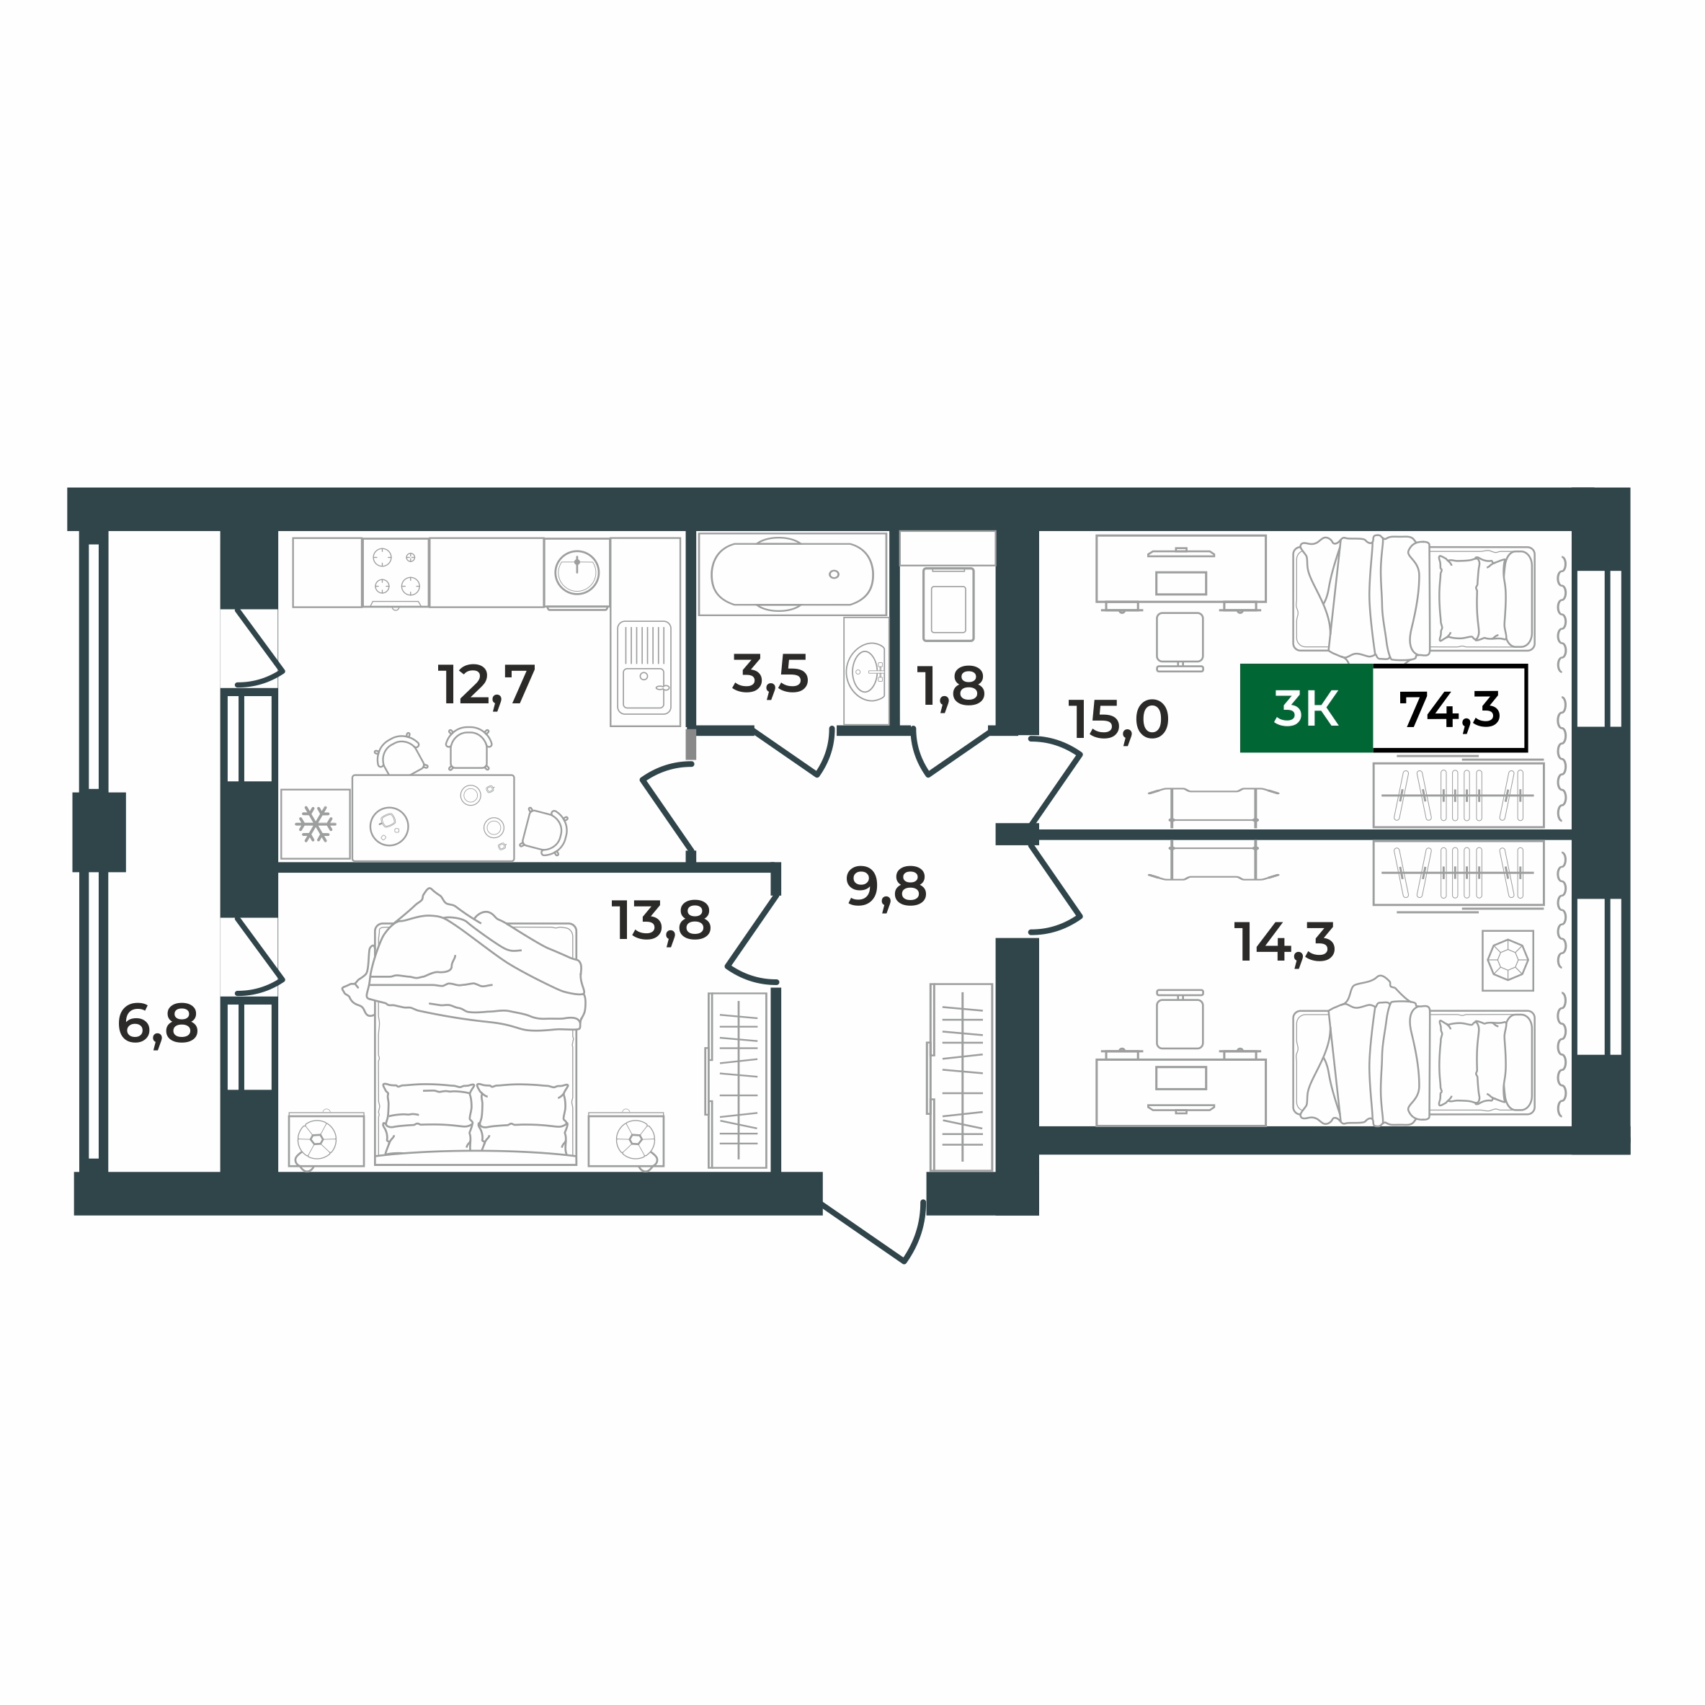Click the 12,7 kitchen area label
pos(486,685)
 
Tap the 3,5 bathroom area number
pos(770,675)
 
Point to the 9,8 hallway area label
pos(886,886)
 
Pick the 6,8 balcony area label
pos(158,1024)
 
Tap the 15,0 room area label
pos(1118,719)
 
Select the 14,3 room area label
pos(1284,942)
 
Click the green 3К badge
pos(1306,708)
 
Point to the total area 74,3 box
pos(1449,708)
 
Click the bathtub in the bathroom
pos(791,574)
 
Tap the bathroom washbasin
pos(865,672)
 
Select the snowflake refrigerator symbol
pos(315,824)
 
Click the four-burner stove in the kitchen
pos(396,572)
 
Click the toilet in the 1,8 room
pos(948,604)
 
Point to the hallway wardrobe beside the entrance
pos(961,1077)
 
